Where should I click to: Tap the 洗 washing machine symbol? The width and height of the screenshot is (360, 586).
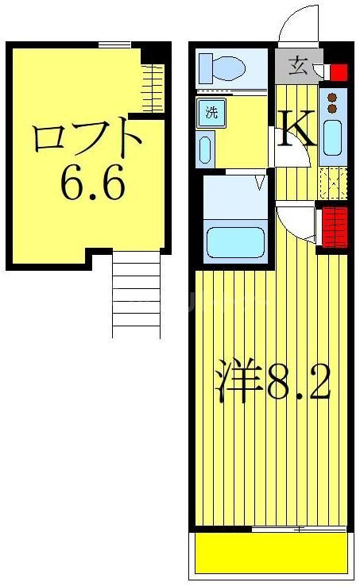[211, 112]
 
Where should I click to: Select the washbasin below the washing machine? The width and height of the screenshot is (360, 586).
[205, 148]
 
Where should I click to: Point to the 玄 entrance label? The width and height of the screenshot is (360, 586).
[297, 65]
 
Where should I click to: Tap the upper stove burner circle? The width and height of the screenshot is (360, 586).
[333, 95]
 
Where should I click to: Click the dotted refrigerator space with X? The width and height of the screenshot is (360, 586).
[333, 183]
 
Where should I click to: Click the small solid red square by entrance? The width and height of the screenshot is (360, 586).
[339, 74]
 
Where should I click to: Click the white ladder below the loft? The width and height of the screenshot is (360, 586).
[136, 294]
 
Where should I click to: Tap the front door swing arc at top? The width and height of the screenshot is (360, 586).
[300, 25]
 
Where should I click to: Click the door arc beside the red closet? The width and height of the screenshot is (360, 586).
[296, 223]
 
